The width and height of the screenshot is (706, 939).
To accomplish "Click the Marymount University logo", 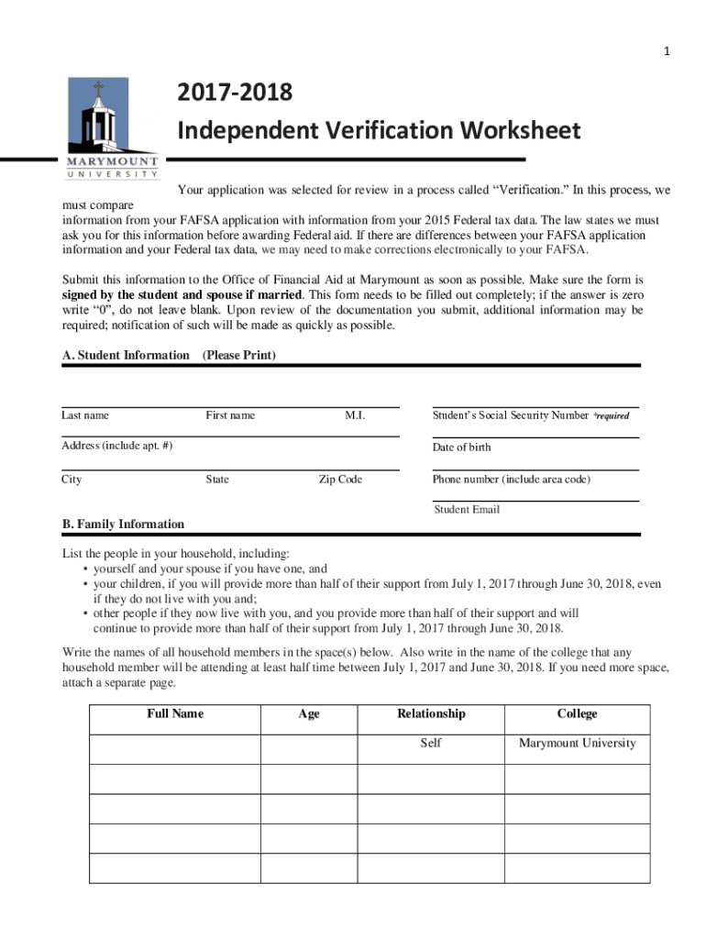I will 112,128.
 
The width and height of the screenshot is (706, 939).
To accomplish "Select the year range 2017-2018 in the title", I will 235,93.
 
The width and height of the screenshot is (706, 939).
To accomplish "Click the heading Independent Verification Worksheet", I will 378,131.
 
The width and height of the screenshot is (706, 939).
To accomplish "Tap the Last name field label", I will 85,415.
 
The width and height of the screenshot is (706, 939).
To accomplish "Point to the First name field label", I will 230,415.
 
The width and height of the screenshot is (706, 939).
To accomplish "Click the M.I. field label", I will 355,415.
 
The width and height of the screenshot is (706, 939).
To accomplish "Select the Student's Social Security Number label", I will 511,415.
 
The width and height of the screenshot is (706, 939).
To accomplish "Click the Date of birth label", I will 461,447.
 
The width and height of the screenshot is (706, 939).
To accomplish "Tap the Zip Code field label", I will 340,480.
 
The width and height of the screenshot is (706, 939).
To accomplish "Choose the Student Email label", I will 467,509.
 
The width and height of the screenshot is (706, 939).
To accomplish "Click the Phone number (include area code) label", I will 512,480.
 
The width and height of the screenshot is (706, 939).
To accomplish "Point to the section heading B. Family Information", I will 123,525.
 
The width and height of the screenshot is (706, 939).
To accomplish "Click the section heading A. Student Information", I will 126,355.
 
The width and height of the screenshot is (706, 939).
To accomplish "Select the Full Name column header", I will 175,713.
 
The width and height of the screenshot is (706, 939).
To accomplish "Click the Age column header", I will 309,713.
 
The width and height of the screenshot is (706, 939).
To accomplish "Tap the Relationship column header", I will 431,713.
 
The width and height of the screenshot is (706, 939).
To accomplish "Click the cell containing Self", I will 431,743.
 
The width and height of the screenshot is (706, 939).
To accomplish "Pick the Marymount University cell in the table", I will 577,743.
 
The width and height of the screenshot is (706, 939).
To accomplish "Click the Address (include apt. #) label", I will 116,447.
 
